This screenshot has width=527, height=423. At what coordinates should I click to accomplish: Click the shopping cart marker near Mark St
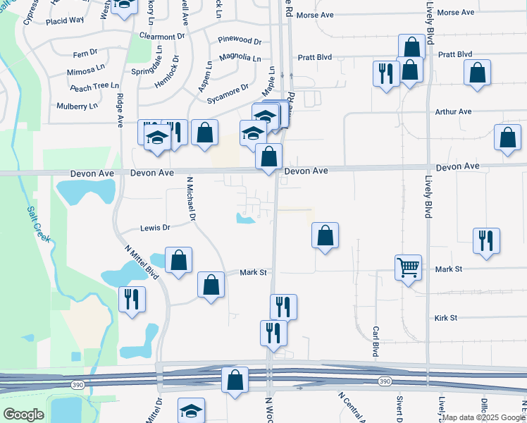click(409, 268)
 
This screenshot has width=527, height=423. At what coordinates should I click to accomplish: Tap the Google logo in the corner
click(23, 415)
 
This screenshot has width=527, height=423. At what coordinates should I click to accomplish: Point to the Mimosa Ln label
click(85, 72)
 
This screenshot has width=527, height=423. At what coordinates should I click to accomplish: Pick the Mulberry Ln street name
click(77, 106)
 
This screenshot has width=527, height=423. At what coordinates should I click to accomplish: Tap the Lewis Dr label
click(156, 228)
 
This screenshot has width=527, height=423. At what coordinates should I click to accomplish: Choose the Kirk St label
click(446, 318)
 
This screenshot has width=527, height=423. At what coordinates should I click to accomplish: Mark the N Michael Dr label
click(190, 200)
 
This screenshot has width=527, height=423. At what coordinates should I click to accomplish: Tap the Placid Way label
click(65, 20)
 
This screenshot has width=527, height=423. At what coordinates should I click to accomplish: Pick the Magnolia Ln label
click(240, 57)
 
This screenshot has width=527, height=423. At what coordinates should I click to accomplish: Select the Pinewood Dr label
click(240, 42)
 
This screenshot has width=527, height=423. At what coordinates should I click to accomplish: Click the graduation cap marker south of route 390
click(191, 411)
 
